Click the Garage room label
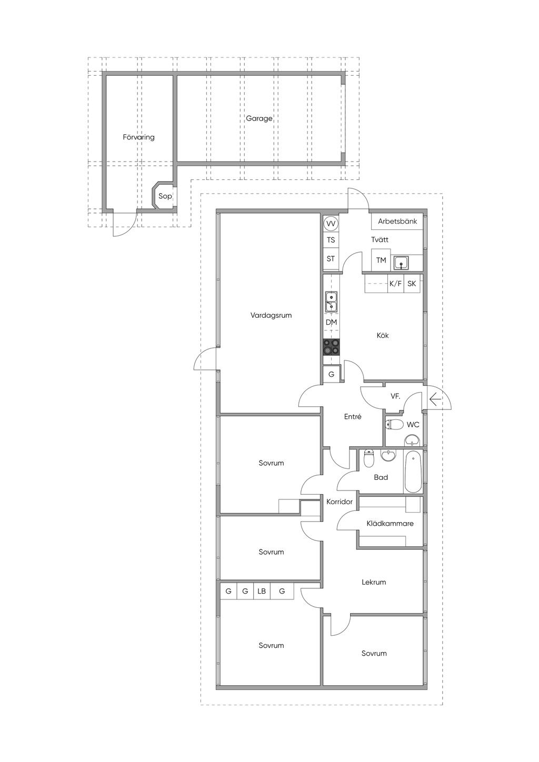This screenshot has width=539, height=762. click(259, 118)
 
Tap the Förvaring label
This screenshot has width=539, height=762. click(138, 137)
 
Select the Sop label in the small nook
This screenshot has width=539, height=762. click(165, 196)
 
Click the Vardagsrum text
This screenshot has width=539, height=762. click(271, 315)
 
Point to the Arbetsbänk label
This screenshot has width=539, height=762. click(397, 221)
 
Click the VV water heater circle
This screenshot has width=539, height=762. click(331, 224)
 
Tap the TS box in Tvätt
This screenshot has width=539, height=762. click(331, 240)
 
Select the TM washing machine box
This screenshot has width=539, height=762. click(381, 260)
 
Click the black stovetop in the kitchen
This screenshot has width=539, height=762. click(331, 347)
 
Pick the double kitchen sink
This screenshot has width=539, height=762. click(331, 302)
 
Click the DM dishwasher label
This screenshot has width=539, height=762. click(331, 322)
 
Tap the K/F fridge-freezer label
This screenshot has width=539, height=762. click(395, 283)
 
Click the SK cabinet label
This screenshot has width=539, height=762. click(412, 283)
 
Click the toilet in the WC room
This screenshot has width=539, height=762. click(394, 425)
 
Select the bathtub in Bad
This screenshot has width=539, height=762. click(413, 472)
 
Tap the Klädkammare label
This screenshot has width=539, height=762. click(390, 524)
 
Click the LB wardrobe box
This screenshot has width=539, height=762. click(262, 591)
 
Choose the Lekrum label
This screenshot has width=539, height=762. click(374, 582)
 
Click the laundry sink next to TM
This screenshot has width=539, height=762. click(402, 263)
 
